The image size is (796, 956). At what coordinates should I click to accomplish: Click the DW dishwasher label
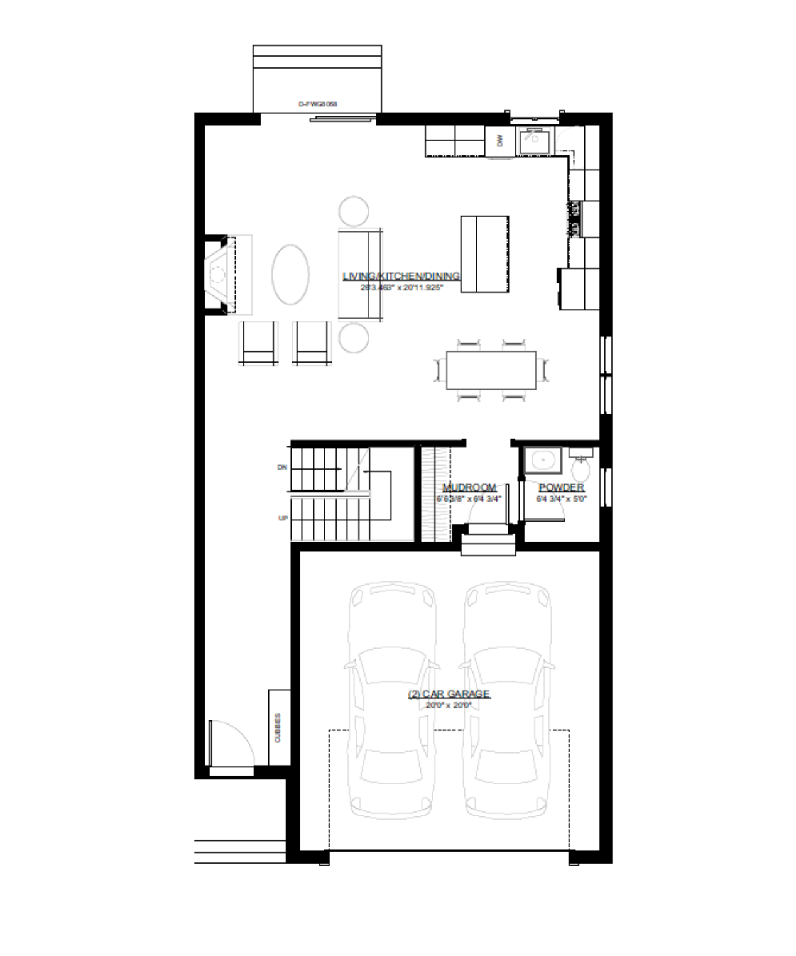[500, 141]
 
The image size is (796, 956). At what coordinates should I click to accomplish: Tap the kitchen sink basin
[534, 140]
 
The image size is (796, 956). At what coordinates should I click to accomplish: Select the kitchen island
[484, 254]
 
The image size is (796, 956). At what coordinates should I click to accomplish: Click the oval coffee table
[290, 275]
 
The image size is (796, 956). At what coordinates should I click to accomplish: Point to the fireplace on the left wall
[217, 275]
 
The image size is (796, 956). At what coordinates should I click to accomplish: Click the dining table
[491, 370]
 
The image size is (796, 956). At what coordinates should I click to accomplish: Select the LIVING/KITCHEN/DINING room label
[401, 276]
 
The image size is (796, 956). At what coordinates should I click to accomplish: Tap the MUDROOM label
[469, 488]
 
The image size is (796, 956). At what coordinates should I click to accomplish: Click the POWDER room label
[561, 488]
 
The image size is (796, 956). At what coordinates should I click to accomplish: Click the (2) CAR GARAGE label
[449, 694]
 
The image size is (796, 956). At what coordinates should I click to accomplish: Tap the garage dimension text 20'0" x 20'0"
[449, 705]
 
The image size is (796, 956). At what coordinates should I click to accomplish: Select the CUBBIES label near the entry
[278, 728]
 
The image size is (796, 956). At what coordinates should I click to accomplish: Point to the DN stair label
[282, 468]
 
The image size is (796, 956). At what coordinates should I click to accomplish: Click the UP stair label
[283, 519]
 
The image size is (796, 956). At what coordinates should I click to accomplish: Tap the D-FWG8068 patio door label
[318, 104]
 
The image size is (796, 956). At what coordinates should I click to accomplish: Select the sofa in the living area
[361, 275]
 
